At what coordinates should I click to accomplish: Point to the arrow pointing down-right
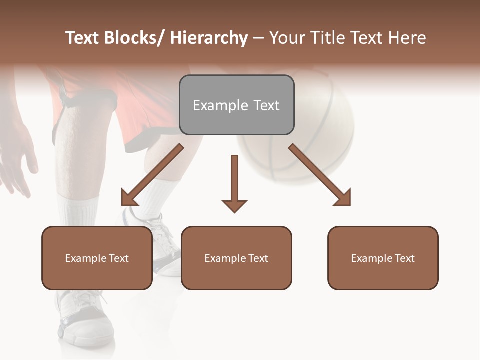320,175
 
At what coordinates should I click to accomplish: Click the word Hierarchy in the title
209,38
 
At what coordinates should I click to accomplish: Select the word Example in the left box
83,258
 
